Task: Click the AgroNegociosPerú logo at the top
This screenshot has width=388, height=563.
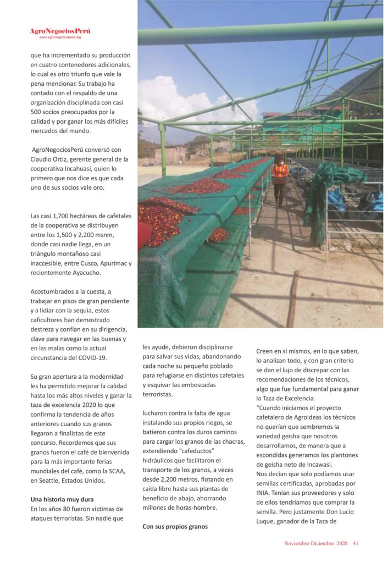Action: coord(60,31)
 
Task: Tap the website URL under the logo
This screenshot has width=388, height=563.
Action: coord(60,37)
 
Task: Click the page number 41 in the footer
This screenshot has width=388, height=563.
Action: coord(356,544)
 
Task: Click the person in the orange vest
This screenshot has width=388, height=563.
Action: coord(280,176)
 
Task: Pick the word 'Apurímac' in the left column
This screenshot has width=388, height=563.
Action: coord(110,263)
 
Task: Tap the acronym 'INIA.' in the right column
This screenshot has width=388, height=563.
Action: coord(265,493)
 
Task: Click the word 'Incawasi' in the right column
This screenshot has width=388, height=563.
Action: coord(325,463)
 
